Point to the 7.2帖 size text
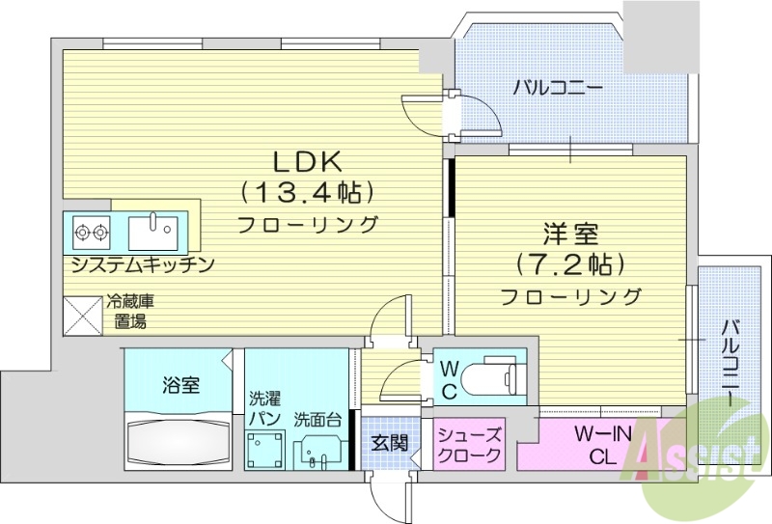pyautogui.click(x=569, y=263)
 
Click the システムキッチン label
pyautogui.click(x=141, y=263)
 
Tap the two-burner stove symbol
pyautogui.click(x=90, y=232)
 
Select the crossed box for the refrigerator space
pyautogui.click(x=84, y=316)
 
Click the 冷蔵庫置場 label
pyautogui.click(x=129, y=311)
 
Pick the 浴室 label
pyautogui.click(x=180, y=386)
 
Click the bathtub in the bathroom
pyautogui.click(x=180, y=439)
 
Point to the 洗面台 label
pyautogui.click(x=317, y=421)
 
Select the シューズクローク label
pyautogui.click(x=469, y=444)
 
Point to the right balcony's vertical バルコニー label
pyautogui.click(x=731, y=361)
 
